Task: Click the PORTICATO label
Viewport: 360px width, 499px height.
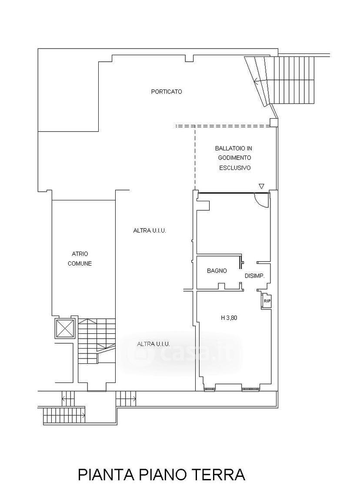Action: pos(167,92)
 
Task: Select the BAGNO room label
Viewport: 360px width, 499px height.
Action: pos(217,271)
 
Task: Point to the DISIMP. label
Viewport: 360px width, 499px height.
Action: pos(255,276)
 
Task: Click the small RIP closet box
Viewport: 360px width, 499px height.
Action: pos(266,301)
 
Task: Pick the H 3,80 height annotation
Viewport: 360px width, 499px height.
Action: pos(229,317)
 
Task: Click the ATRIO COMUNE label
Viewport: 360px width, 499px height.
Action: pos(80,259)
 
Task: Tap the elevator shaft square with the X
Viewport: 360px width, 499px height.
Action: pos(65,328)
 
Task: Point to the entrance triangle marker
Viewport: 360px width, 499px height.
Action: pos(261,186)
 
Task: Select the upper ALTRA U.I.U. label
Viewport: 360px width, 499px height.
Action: pos(150,230)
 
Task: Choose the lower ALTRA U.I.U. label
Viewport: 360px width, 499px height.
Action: pos(153,344)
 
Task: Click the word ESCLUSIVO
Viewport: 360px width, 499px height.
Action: pos(235,168)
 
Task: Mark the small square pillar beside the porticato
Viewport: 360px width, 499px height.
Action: pos(273,122)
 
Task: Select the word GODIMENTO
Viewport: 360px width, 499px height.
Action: pos(234,158)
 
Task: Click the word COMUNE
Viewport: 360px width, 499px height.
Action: pos(80,263)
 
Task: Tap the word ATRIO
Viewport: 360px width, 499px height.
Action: pos(80,254)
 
